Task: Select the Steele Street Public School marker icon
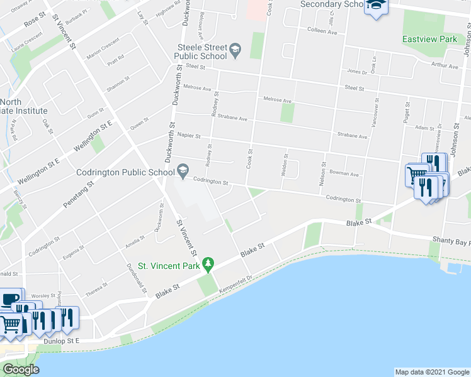(x=235, y=50)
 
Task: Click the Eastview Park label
(x=429, y=39)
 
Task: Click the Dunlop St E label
(x=63, y=341)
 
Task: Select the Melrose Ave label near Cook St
(x=278, y=100)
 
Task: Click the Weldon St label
(x=286, y=165)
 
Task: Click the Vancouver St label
(x=377, y=113)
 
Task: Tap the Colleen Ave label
(x=322, y=30)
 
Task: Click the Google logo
(x=21, y=370)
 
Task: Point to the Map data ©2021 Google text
(x=431, y=372)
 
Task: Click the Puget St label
(x=407, y=112)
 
